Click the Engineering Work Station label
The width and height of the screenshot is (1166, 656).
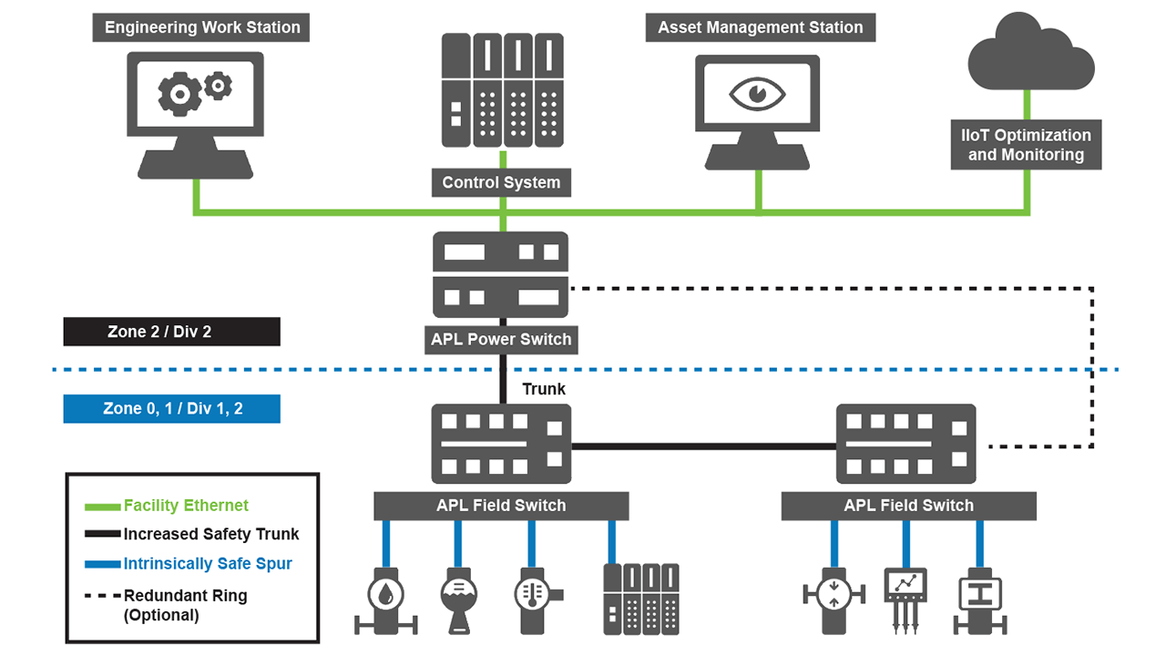coord(201,27)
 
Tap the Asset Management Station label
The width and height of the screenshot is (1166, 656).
coord(760,27)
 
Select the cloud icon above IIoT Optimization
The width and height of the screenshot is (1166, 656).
coord(1030,56)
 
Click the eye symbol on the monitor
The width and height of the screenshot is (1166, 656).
coord(756,94)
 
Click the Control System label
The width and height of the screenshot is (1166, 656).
coord(501,182)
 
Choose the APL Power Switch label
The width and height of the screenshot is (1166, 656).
coord(501,340)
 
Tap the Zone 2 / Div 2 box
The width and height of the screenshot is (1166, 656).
coord(171,332)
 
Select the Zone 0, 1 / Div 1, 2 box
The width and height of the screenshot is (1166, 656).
coord(171,408)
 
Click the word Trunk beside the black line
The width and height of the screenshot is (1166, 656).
coord(544,389)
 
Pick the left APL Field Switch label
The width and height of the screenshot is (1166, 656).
coord(501,506)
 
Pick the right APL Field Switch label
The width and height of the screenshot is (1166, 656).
coord(908,506)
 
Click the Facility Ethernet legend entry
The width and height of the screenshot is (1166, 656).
coord(186,506)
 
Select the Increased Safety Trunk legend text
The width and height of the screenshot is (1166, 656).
coord(211,534)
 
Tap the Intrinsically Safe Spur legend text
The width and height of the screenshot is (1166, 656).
coord(208,563)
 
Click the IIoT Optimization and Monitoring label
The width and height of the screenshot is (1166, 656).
coord(1026,145)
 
